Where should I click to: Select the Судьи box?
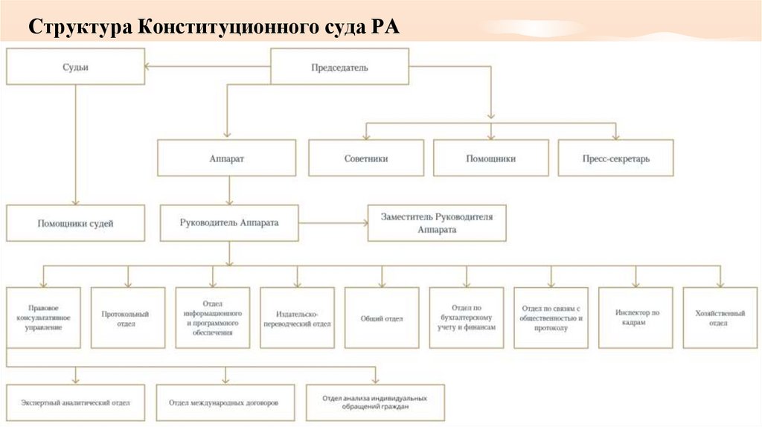pyautogui.click(x=75, y=67)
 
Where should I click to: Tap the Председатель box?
pyautogui.click(x=339, y=67)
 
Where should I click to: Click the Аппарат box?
pyautogui.click(x=227, y=158)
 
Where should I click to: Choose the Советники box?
pyautogui.click(x=366, y=158)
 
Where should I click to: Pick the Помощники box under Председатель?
pyautogui.click(x=490, y=158)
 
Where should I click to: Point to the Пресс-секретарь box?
pyautogui.click(x=615, y=158)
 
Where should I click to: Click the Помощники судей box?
pyautogui.click(x=75, y=222)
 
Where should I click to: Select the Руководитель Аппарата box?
pyautogui.click(x=228, y=222)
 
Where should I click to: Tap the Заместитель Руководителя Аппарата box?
pyautogui.click(x=437, y=222)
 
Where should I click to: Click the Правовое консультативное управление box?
pyautogui.click(x=42, y=318)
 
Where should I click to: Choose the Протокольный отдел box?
pyautogui.click(x=128, y=318)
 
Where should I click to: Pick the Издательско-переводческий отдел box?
pyautogui.click(x=297, y=318)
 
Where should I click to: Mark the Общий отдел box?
pyautogui.click(x=382, y=318)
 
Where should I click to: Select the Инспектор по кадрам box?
pyautogui.click(x=636, y=318)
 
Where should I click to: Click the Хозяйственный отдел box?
pyautogui.click(x=720, y=318)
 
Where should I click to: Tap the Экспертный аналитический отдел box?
pyautogui.click(x=76, y=403)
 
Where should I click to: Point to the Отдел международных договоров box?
pyautogui.click(x=224, y=403)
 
